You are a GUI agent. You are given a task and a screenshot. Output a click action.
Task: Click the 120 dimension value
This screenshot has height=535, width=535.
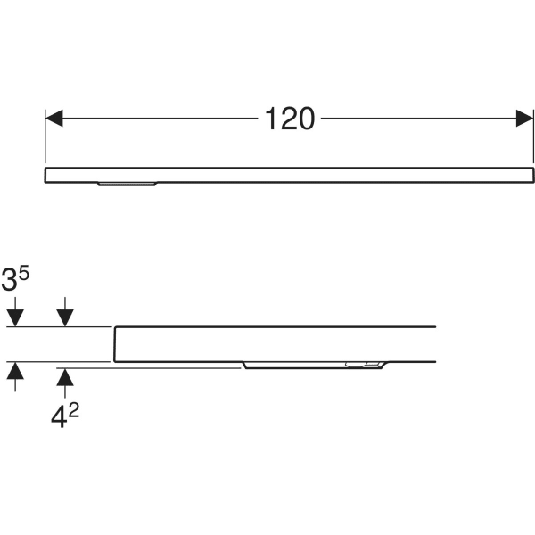point(290,119)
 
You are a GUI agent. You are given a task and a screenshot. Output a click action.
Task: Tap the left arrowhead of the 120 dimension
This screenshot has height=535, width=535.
point(53,118)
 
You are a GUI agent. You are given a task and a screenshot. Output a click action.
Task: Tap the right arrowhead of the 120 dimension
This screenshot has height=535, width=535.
point(525,118)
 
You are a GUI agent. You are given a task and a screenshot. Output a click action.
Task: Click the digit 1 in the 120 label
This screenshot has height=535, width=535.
point(271,119)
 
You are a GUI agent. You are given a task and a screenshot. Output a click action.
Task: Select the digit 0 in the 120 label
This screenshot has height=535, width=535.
point(306,119)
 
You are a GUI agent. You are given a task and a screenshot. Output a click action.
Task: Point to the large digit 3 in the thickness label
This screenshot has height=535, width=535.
point(9,279)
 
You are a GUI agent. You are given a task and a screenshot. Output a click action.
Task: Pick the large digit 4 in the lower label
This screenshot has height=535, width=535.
point(59,416)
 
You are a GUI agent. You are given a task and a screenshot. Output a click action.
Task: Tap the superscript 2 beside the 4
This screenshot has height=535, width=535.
point(74,411)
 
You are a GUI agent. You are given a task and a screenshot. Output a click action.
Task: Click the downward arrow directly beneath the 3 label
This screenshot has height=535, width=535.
point(15,312)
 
